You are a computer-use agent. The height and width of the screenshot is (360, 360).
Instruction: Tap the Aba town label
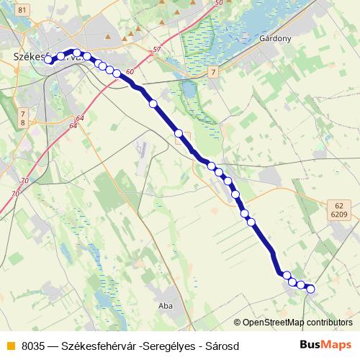167,294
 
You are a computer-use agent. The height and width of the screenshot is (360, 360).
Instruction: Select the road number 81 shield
22,9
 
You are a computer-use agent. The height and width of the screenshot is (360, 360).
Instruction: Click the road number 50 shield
218,4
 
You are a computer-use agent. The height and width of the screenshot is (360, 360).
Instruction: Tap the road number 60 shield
130,72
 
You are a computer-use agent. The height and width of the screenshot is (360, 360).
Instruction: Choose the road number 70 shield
25,181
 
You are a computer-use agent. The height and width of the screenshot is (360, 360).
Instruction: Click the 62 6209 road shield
340,209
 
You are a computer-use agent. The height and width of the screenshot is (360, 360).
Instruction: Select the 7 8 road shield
22,118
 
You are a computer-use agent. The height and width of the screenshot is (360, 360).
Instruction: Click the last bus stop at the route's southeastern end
311,289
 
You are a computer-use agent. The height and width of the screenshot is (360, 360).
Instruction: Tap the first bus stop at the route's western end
49,60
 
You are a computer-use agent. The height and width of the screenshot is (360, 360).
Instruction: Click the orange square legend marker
10,346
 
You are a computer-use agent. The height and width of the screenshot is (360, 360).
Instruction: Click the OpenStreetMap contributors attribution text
297,323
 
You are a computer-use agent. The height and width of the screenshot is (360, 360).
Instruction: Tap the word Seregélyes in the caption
167,346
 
